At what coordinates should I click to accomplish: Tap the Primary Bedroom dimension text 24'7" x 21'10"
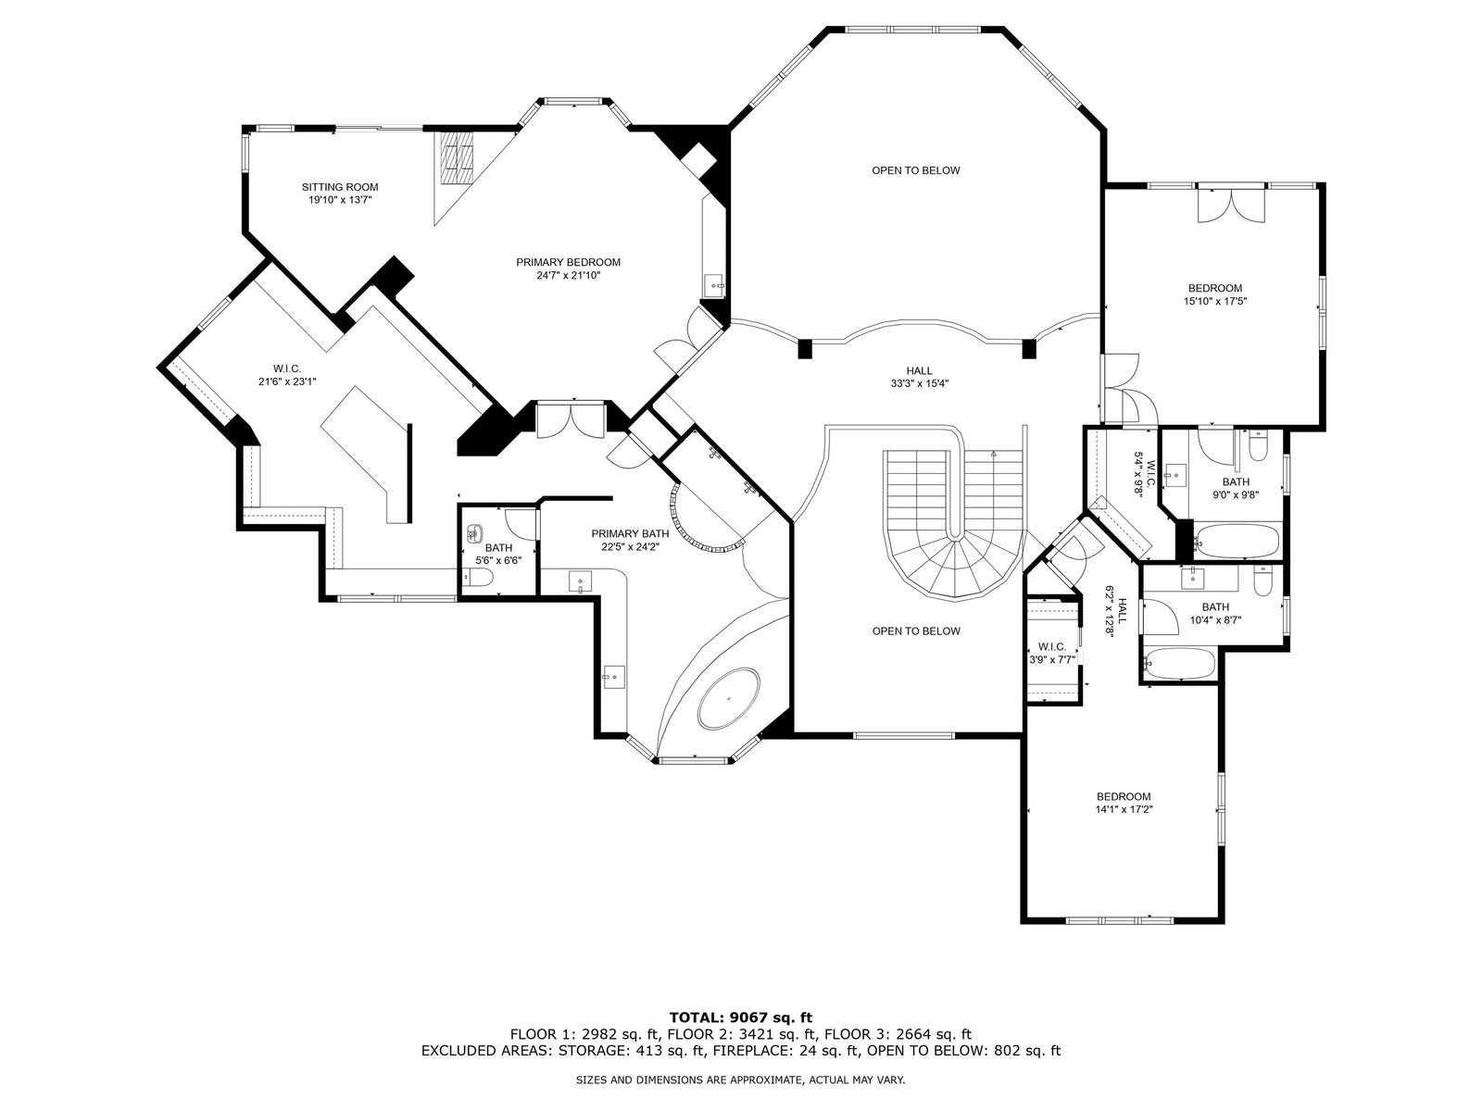click(x=568, y=275)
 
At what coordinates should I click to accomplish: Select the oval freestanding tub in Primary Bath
click(x=729, y=698)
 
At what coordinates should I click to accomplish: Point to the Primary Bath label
click(x=630, y=533)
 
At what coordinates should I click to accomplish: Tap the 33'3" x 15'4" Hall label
click(x=920, y=377)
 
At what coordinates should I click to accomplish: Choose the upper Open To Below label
click(x=915, y=170)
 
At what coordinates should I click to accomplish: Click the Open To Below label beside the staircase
click(x=915, y=630)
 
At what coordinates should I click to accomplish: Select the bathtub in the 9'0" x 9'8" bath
click(x=1237, y=540)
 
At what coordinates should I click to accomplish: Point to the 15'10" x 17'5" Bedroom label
click(x=1214, y=294)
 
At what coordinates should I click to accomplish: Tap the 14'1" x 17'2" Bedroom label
click(x=1124, y=803)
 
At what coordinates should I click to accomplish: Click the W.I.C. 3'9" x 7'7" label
click(x=1051, y=653)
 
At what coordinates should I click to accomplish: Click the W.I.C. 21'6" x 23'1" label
click(x=287, y=374)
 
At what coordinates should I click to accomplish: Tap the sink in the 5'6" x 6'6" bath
click(x=475, y=533)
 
